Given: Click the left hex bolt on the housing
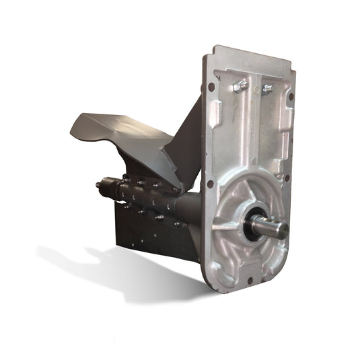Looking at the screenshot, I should pos(240,86).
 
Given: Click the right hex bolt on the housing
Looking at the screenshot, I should pos(267,89).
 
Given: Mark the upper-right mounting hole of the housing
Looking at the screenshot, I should pos(290,96).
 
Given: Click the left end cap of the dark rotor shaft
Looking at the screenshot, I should pos(100,183).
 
